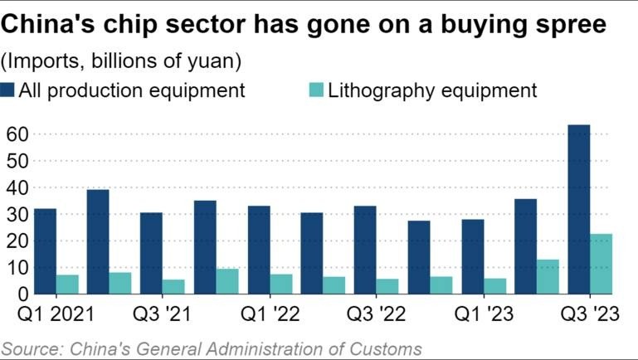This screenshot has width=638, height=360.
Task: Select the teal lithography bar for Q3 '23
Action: pos(601,264)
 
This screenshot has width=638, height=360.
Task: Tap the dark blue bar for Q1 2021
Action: pos(46,251)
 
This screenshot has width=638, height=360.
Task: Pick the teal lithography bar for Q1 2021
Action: pos(68,284)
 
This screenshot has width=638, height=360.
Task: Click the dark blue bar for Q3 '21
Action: pos(152,253)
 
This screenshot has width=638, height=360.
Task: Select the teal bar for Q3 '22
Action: pos(387,286)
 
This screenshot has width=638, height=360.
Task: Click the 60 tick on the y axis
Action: pos(17,134)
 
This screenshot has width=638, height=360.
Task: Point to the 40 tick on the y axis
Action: pos(17,187)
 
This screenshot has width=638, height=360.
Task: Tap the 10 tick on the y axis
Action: pos(17,268)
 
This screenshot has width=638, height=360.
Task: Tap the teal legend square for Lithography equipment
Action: pos(315,90)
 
